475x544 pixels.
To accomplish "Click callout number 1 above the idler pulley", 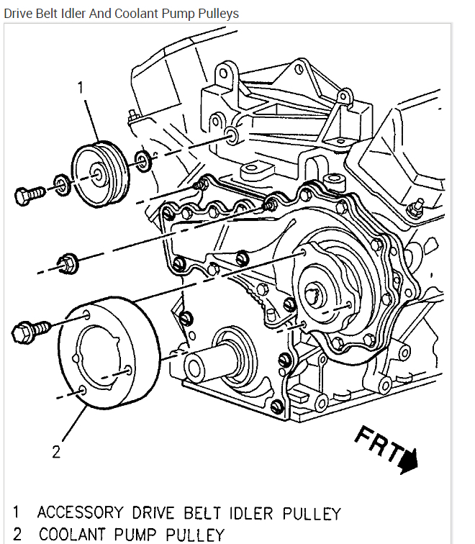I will (x=81, y=87).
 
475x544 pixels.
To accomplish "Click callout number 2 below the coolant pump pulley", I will (x=56, y=451).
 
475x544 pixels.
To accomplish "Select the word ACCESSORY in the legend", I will (x=80, y=513).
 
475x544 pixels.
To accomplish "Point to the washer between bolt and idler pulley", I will (x=63, y=185).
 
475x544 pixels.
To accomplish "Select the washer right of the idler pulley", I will (x=143, y=161).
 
